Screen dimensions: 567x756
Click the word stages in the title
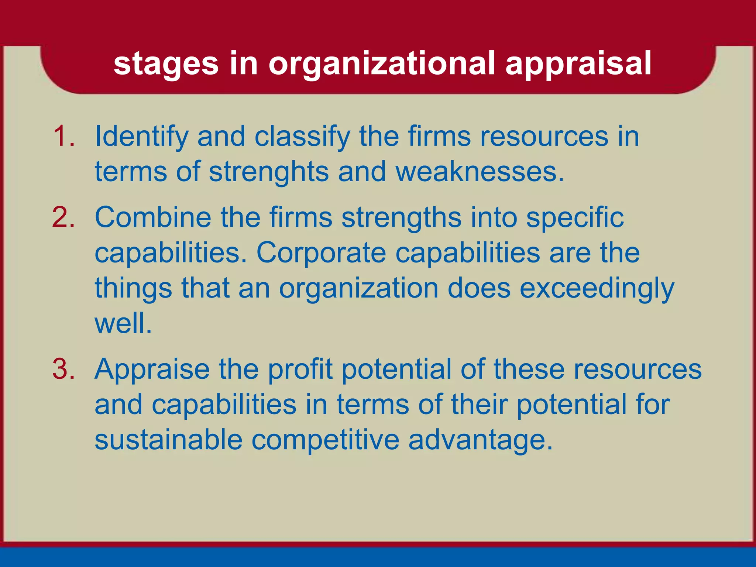click(x=166, y=64)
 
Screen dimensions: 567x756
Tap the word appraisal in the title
click(x=578, y=64)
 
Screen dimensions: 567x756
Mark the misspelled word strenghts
click(x=268, y=172)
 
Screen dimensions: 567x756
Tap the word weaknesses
click(x=480, y=172)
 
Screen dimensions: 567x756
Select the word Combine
click(x=153, y=217)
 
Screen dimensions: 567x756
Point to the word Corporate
click(x=321, y=253)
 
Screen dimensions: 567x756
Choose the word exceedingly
click(x=597, y=289)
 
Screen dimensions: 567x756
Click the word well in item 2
click(x=123, y=323)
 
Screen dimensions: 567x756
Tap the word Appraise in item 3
click(x=152, y=370)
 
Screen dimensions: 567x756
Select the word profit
click(x=300, y=370)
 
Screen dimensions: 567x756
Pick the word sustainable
click(x=168, y=440)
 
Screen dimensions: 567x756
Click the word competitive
click(x=325, y=440)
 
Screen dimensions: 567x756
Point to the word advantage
click(x=480, y=441)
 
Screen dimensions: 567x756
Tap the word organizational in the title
click(x=381, y=64)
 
